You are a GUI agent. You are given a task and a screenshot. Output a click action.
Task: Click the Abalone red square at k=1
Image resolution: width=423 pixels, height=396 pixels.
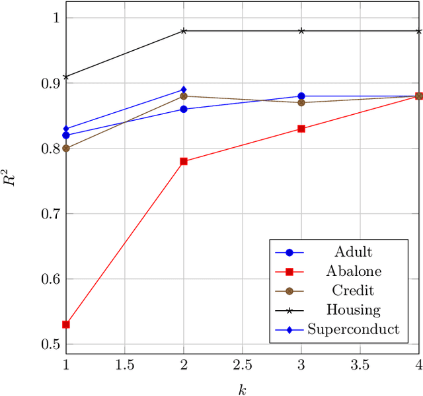66,325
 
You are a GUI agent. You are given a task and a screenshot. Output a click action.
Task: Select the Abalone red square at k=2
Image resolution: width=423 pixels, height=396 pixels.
184,161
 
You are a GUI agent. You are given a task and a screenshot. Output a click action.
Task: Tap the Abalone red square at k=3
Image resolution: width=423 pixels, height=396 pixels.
301,129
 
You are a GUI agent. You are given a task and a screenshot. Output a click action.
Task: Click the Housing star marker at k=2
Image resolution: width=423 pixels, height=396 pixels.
184,30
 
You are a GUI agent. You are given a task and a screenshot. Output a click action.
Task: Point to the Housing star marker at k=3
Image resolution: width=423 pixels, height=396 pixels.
301,30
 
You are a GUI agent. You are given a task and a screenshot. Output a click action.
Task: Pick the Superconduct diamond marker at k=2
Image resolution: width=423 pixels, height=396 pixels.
184,90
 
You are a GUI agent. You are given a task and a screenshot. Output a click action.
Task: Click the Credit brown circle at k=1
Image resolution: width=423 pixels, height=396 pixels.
66,148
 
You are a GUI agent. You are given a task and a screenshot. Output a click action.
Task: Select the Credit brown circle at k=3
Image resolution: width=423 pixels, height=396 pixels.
301,102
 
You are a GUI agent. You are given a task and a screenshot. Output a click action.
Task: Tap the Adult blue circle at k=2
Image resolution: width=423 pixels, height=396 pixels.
184,109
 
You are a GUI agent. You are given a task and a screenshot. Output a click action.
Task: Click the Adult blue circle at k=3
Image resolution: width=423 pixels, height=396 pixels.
301,96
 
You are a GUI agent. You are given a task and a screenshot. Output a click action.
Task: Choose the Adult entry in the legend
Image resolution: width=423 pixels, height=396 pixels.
353,251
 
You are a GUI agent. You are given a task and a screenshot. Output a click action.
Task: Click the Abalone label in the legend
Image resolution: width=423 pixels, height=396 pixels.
353,271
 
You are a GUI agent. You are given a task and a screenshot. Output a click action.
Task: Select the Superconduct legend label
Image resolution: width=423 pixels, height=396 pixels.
353,329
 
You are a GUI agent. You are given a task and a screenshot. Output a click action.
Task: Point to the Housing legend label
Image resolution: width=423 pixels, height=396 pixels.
353,310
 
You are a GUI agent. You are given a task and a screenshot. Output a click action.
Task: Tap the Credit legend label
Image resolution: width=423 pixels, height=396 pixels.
353,290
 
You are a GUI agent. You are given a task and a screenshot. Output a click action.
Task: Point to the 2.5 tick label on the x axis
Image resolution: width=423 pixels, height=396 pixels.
243,365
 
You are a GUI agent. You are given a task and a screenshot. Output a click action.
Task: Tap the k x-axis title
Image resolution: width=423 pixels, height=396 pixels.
243,389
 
